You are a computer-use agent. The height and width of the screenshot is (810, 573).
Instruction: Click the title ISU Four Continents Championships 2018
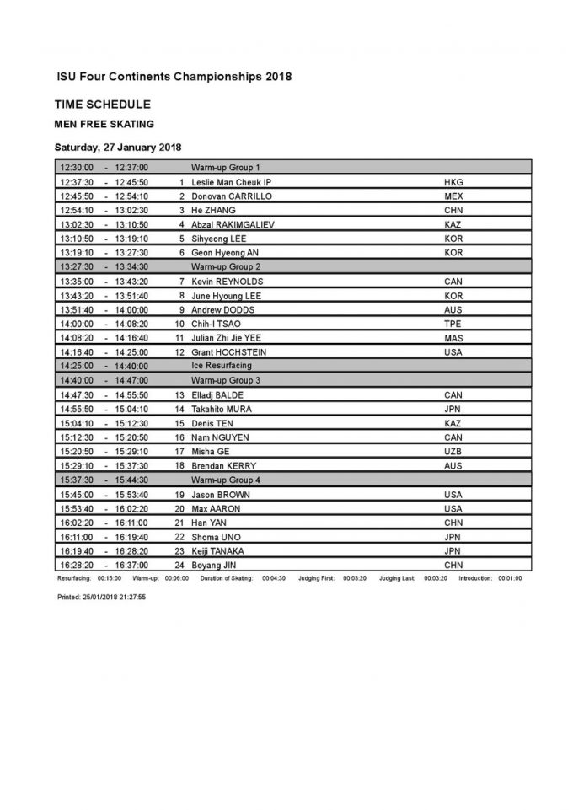pos(173,77)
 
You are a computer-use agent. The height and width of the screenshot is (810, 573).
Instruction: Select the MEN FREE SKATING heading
pos(104,124)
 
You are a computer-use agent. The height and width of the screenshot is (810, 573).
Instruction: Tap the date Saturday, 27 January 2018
pos(112,147)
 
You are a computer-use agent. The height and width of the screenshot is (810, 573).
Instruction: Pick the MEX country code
pos(453,196)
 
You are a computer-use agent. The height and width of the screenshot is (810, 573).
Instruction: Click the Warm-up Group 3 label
pos(225,380)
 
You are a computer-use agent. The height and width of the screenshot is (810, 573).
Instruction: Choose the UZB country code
pos(453,451)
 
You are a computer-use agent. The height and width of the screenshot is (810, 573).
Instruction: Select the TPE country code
pos(453,323)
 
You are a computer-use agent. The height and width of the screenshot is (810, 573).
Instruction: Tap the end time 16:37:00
pos(131,565)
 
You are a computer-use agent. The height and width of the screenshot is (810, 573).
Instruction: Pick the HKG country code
pos(453,182)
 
